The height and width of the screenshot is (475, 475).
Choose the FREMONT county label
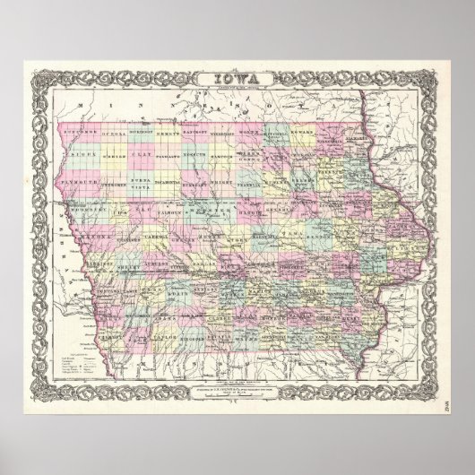111,341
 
